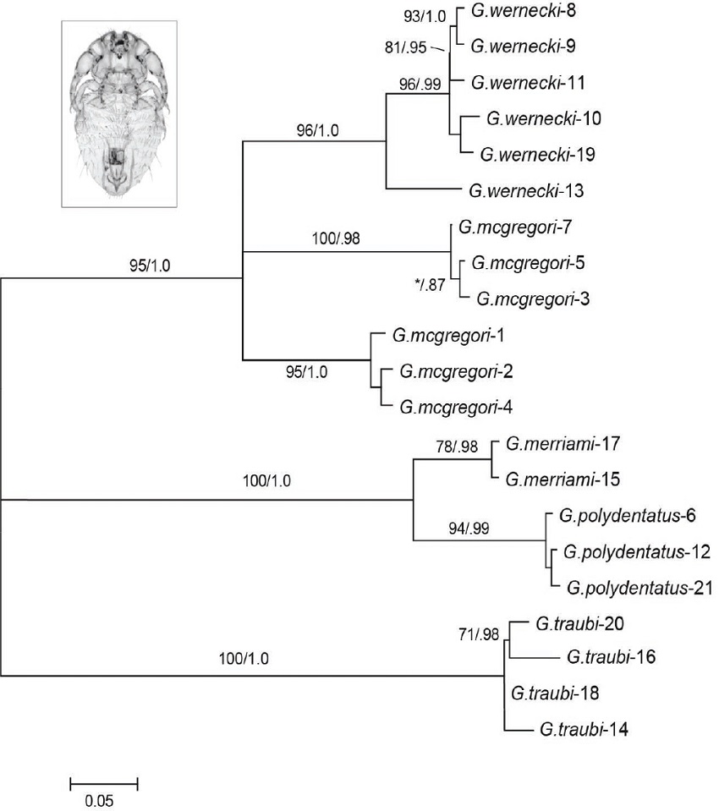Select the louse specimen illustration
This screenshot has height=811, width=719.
pos(120,112)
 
